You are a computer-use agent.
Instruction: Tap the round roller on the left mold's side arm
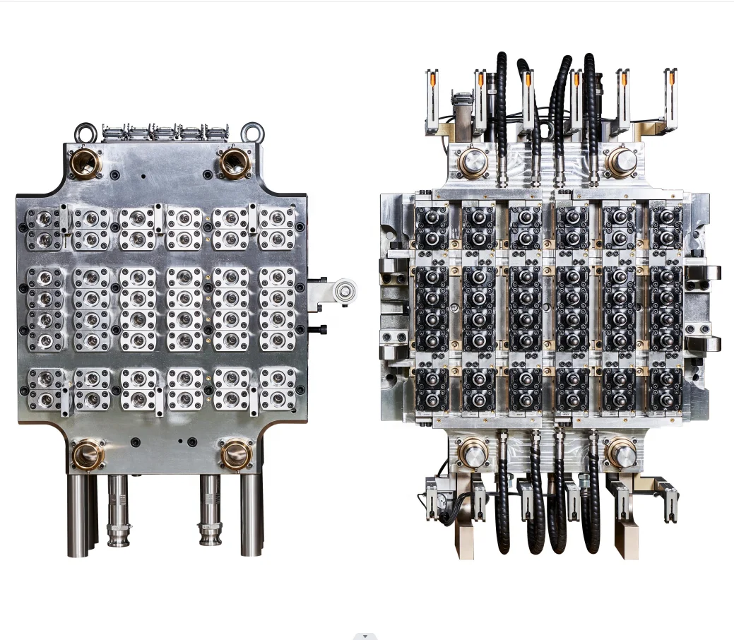point(345,290)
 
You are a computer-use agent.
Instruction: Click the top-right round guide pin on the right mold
point(622,162)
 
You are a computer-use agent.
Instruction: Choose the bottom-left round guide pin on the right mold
point(472,452)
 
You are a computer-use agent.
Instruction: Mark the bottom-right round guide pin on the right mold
point(620,452)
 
